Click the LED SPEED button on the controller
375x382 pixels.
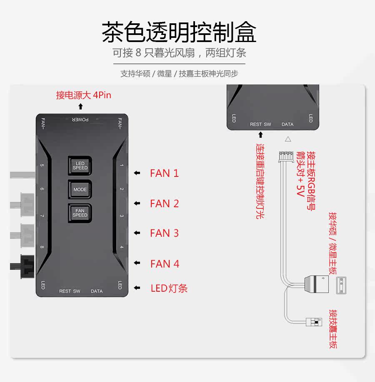(x=80, y=166)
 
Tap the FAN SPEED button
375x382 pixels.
(x=80, y=213)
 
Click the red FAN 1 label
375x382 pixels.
(x=164, y=173)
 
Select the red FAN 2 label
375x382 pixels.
(x=164, y=203)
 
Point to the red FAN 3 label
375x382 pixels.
(x=164, y=233)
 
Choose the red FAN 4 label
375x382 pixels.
(x=165, y=264)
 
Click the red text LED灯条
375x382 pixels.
(x=169, y=288)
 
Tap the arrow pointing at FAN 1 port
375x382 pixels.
(x=137, y=173)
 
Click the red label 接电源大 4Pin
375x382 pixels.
(x=84, y=95)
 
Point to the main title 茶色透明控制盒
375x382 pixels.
(x=179, y=32)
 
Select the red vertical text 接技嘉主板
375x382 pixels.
(x=332, y=329)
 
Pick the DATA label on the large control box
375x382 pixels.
(x=97, y=291)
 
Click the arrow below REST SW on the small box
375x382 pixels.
(x=260, y=134)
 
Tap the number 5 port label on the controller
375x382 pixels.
(x=42, y=165)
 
